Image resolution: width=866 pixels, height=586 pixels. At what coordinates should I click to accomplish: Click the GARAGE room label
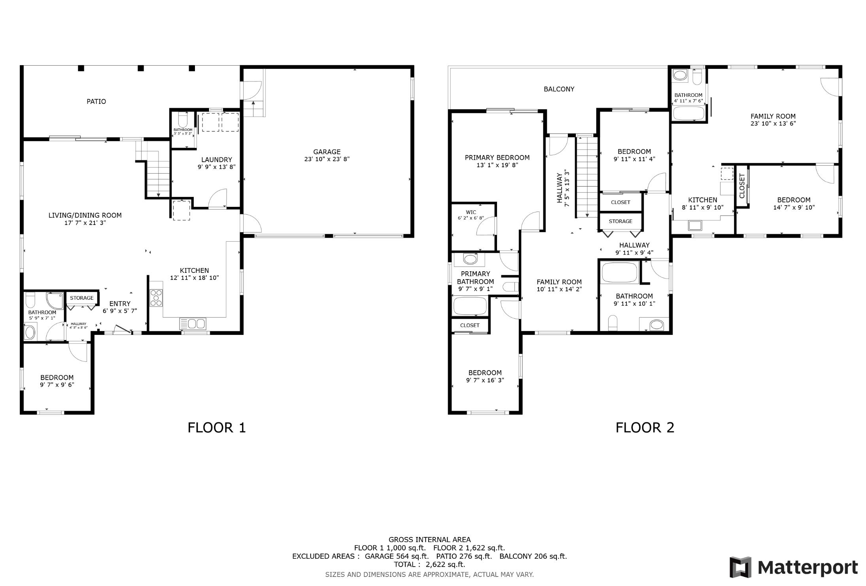coord(327,152)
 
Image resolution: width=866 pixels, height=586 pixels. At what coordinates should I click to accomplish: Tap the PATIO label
coord(96,102)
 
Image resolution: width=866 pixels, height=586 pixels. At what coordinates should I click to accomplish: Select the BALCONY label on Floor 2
coord(559,89)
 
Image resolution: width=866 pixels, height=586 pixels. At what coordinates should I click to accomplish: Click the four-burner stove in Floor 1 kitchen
coord(156,298)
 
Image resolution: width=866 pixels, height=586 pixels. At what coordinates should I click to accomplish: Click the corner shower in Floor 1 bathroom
coord(55,300)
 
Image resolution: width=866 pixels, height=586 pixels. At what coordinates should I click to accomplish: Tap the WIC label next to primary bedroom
coord(471,212)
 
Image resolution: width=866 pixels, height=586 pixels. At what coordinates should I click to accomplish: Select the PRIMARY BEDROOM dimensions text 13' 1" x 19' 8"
coord(497,165)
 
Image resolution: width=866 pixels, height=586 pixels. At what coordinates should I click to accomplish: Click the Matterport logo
coord(794,567)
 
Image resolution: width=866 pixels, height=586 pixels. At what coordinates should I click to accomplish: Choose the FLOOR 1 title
coord(216,428)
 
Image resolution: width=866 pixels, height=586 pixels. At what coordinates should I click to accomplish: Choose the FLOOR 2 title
coord(645,428)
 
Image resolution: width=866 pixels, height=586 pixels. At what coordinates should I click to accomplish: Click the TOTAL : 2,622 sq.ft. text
coord(429,564)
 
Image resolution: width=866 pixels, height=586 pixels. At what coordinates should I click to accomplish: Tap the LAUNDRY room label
coord(216,160)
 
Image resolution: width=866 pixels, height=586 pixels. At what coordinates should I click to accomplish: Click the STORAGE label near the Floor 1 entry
coord(82,298)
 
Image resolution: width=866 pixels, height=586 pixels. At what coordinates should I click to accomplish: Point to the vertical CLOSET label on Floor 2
coord(742,186)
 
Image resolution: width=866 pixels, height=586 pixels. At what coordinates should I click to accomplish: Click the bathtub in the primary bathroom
coord(470,306)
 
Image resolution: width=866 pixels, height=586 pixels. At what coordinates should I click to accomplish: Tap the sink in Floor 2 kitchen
coord(695,226)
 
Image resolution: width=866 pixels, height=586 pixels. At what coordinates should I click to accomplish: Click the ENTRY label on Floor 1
coord(120,304)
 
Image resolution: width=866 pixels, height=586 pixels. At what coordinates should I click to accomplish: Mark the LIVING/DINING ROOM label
coord(85,215)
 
